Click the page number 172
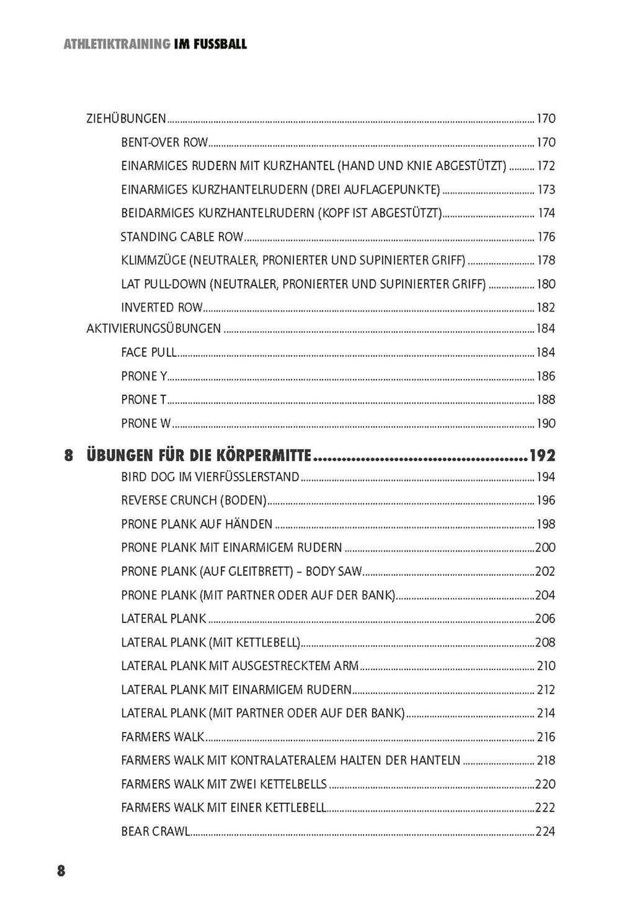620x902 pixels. (546, 166)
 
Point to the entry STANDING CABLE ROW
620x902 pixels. (182, 237)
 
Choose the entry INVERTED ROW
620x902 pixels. (162, 307)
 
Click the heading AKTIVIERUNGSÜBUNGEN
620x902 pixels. (153, 328)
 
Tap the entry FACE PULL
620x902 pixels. (149, 352)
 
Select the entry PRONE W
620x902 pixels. (146, 423)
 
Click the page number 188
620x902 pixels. (546, 400)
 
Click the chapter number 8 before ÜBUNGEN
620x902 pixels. (69, 455)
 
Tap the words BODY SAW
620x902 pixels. (334, 571)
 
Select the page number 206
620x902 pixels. (545, 618)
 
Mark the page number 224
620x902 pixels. (545, 831)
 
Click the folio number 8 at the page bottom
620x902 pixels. (61, 870)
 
